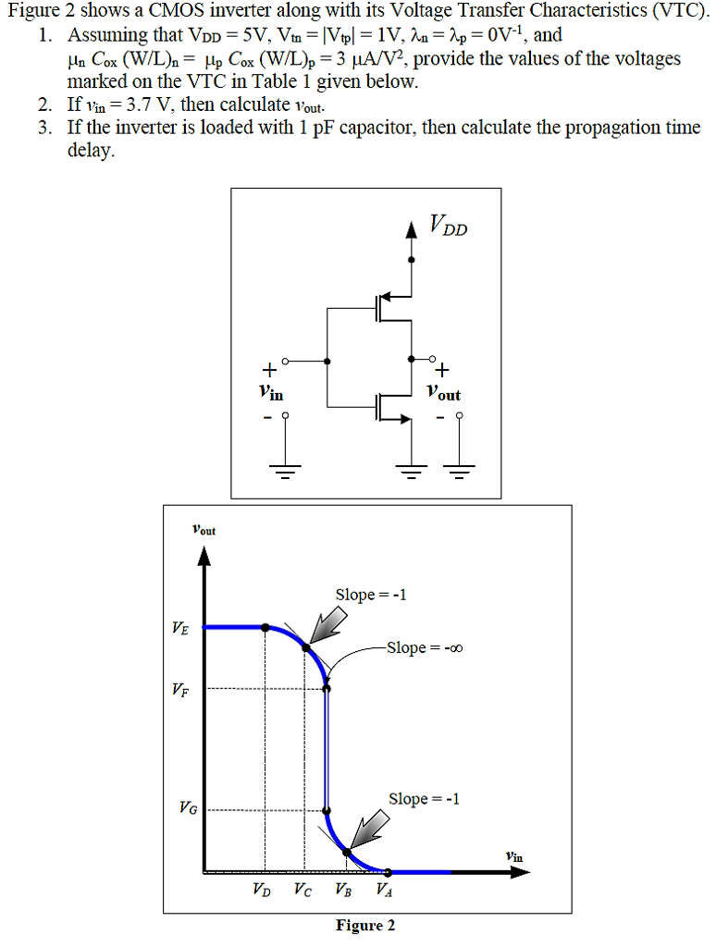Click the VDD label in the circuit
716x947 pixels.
[449, 225]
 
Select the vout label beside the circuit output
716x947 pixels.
[444, 394]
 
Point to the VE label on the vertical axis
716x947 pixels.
[179, 628]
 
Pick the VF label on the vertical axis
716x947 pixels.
[179, 689]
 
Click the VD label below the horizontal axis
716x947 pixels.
[262, 892]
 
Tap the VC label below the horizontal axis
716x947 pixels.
[302, 892]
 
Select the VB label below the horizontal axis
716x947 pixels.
[343, 892]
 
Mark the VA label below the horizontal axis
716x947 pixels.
[384, 892]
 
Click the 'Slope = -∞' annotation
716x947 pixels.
[424, 647]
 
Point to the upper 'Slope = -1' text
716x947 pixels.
[370, 595]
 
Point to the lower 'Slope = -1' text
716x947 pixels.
[423, 798]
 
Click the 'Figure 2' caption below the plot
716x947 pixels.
[364, 926]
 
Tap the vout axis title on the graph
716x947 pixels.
[204, 531]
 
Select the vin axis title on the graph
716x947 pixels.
[514, 857]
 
